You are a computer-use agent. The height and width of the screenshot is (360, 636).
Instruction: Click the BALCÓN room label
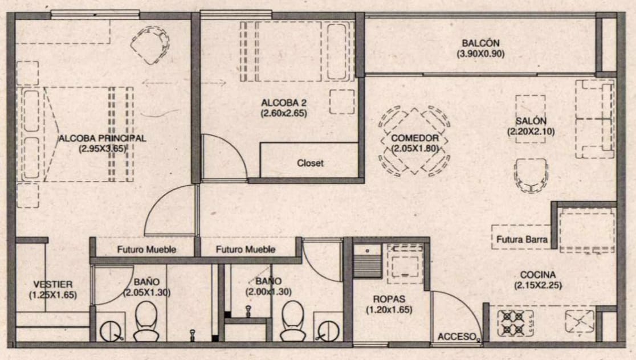pyautogui.click(x=480, y=43)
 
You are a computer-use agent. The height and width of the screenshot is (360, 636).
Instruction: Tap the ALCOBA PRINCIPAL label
pyautogui.click(x=102, y=138)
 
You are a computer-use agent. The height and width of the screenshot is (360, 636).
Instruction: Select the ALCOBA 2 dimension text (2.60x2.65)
pyautogui.click(x=284, y=113)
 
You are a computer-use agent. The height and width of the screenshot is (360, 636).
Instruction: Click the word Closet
pyautogui.click(x=310, y=163)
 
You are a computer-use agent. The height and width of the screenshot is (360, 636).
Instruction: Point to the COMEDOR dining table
pyautogui.click(x=414, y=141)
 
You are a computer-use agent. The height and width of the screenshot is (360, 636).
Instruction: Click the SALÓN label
pyautogui.click(x=531, y=121)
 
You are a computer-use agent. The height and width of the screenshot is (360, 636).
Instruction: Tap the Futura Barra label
pyautogui.click(x=521, y=240)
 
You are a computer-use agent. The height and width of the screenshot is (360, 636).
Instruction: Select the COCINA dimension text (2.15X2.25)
pyautogui.click(x=538, y=285)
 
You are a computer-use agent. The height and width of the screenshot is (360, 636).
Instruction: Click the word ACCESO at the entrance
pyautogui.click(x=456, y=337)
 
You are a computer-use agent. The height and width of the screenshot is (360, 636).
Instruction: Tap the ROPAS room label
pyautogui.click(x=389, y=299)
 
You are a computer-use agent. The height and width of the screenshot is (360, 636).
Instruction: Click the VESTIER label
pyautogui.click(x=53, y=285)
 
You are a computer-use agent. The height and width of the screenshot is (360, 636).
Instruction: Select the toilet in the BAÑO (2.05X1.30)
pyautogui.click(x=146, y=320)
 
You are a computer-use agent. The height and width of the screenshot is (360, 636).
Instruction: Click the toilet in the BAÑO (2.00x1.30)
pyautogui.click(x=293, y=320)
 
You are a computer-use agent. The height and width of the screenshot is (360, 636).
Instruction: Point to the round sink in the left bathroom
pyautogui.click(x=111, y=331)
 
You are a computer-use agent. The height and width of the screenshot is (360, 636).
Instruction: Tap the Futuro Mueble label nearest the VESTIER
pyautogui.click(x=146, y=249)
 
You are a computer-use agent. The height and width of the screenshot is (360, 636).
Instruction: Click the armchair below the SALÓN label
pyautogui.click(x=531, y=175)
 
